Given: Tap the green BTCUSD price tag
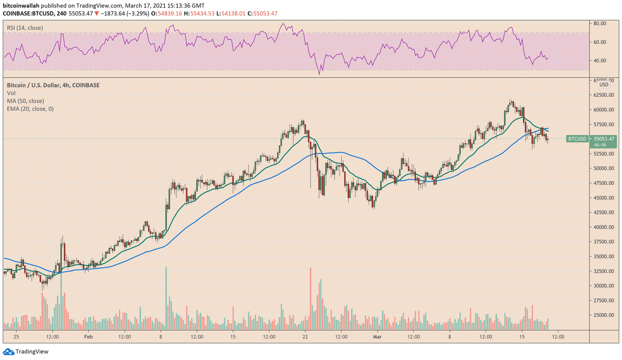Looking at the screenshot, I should (x=577, y=139).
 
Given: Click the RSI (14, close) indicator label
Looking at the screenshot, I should (x=25, y=28).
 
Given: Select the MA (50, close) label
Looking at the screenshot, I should (x=25, y=101).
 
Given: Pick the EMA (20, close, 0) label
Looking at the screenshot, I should (x=30, y=109).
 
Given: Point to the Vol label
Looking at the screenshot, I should (x=11, y=93).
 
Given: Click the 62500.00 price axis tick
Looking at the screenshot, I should (x=604, y=95).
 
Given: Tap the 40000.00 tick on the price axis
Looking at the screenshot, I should (x=604, y=227).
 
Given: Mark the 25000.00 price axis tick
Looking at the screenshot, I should (x=604, y=315).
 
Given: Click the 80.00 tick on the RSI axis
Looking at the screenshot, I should (x=600, y=23).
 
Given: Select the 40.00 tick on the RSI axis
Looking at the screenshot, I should (x=600, y=61).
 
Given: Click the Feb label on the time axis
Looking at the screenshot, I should (x=88, y=337).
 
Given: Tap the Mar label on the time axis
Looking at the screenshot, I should (x=377, y=337).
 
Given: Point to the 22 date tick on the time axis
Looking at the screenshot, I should (x=305, y=337).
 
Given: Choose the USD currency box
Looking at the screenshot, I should (x=604, y=85).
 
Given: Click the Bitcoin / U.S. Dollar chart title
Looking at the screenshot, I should (x=53, y=86).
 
